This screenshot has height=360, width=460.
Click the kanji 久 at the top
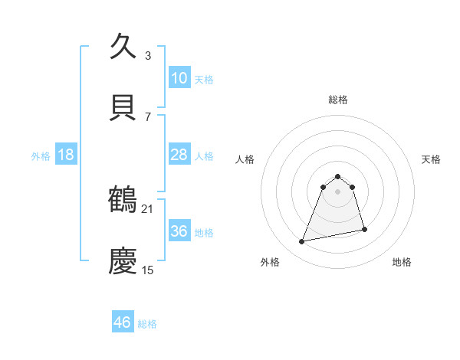click(x=123, y=47)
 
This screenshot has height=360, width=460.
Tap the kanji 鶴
click(x=123, y=200)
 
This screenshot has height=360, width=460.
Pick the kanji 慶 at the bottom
click(x=123, y=261)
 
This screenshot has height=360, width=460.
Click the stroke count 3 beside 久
click(x=148, y=55)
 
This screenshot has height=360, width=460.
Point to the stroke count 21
click(x=148, y=208)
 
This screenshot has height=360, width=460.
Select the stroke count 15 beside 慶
click(x=148, y=270)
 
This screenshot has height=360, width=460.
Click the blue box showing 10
click(x=179, y=78)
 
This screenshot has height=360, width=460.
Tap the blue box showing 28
click(x=179, y=155)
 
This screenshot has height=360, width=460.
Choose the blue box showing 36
click(x=179, y=231)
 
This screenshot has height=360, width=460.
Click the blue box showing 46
click(x=122, y=322)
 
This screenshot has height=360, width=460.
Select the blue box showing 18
click(x=66, y=155)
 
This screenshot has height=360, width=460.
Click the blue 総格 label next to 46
click(x=147, y=324)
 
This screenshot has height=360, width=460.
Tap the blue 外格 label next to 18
click(x=41, y=155)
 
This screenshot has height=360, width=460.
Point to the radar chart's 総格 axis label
click(x=338, y=100)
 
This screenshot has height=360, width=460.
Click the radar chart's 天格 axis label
click(x=432, y=159)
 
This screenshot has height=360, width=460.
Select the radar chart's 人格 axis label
click(x=245, y=159)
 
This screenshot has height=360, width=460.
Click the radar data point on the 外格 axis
click(x=302, y=242)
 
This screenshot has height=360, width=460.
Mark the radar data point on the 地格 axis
click(x=364, y=229)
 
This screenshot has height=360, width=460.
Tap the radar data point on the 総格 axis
click(x=338, y=174)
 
